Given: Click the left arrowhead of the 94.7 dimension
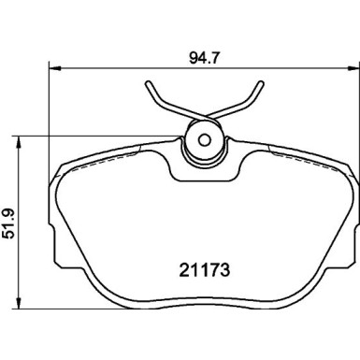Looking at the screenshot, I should (53, 67).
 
